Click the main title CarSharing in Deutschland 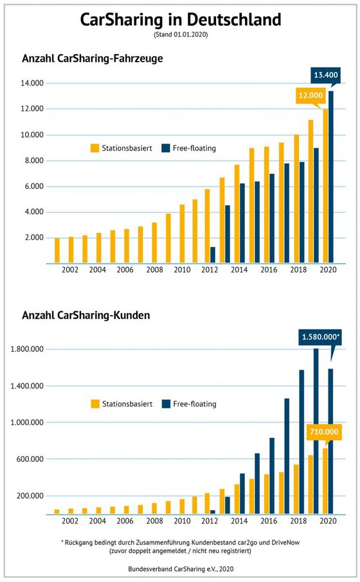[x=181, y=19]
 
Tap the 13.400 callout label [x=326, y=75]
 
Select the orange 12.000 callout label [x=310, y=95]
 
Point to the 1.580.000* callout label [x=320, y=337]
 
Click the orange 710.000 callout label [x=324, y=432]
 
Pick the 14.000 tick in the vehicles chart [x=32, y=83]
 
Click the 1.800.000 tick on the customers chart [x=27, y=349]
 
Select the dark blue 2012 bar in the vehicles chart [x=213, y=255]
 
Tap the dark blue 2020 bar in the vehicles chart [x=331, y=177]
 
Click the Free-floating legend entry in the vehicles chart [x=189, y=148]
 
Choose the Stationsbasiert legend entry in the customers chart [x=122, y=404]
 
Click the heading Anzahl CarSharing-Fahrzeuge [x=93, y=59]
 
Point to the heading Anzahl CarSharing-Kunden [x=86, y=316]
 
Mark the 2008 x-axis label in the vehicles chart [x=154, y=270]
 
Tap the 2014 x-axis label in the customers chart [x=239, y=521]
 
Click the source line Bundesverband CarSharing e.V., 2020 [x=181, y=568]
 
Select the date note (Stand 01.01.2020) [x=181, y=35]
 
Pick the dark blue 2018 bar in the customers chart [x=301, y=442]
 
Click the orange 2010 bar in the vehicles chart [x=182, y=234]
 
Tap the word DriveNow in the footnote [x=285, y=542]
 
